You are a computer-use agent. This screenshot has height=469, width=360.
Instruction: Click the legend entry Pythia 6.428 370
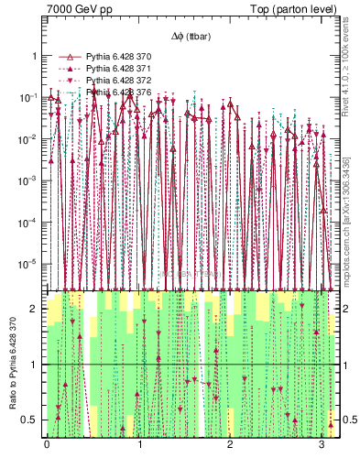click(117, 57)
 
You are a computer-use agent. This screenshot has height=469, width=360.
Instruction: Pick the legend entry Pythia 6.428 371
click(117, 69)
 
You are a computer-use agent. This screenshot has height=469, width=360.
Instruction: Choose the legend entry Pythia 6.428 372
click(117, 81)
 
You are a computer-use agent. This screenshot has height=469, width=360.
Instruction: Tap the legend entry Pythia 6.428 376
click(117, 93)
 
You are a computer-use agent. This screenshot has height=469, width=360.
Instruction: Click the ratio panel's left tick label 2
click(35, 310)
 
